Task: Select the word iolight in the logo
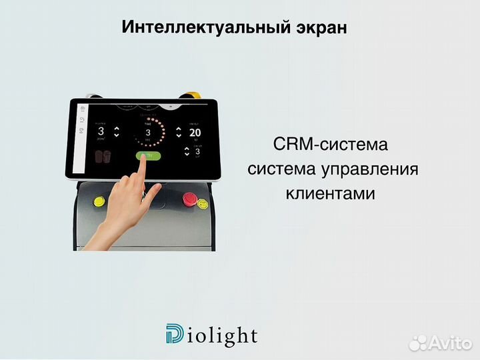click(223, 335)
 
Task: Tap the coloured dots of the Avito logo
click(418, 343)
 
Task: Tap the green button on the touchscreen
click(148, 156)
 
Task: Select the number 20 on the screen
click(195, 133)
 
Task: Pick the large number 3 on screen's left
click(101, 131)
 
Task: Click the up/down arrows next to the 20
click(178, 132)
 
